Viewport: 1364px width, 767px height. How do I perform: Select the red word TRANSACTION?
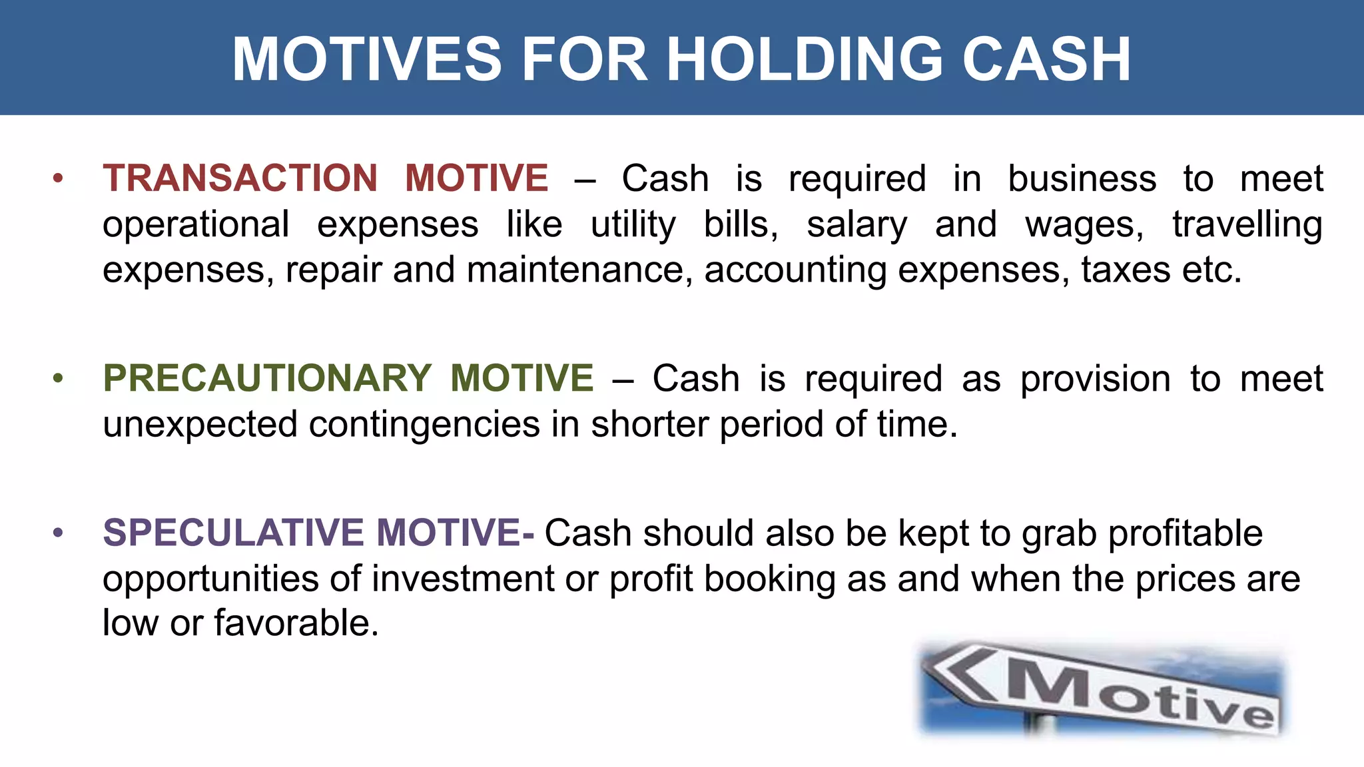click(x=240, y=178)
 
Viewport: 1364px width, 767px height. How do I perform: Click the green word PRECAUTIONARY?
click(x=267, y=378)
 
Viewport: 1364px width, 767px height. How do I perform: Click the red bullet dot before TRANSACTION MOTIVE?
click(x=58, y=178)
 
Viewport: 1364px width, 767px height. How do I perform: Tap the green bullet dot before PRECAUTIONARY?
click(x=58, y=378)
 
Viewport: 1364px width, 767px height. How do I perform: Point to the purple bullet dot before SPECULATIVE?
click(x=58, y=533)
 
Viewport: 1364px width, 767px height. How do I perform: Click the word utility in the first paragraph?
click(x=633, y=225)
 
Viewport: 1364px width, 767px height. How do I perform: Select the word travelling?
click(x=1247, y=225)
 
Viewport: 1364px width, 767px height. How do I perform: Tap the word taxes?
click(x=1126, y=270)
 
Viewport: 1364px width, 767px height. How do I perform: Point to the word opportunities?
click(x=210, y=579)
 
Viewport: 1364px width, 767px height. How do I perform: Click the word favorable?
click(x=296, y=623)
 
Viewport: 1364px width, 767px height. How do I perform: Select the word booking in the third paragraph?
click(x=769, y=579)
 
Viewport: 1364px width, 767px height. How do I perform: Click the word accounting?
click(x=795, y=270)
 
